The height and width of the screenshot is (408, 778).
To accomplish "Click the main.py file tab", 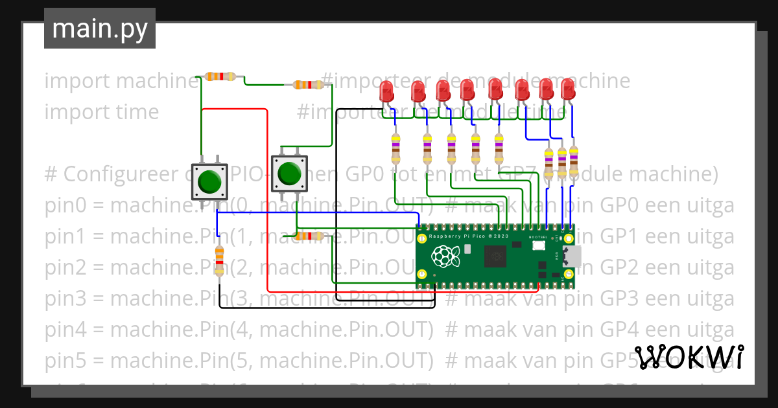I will click(x=99, y=28).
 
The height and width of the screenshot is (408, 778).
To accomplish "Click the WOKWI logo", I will click(x=689, y=357).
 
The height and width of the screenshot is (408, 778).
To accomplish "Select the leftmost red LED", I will click(x=387, y=90).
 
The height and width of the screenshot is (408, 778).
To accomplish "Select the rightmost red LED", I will click(x=568, y=89).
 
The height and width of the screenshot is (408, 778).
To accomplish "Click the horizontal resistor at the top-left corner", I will click(x=221, y=76).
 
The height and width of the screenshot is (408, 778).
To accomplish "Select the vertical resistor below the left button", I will click(x=219, y=260).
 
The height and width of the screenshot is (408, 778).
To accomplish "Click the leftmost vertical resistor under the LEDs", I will click(x=396, y=149).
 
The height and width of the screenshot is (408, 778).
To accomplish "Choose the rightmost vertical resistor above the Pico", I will click(x=573, y=160).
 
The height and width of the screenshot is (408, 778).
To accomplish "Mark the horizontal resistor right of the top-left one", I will click(x=308, y=85).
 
